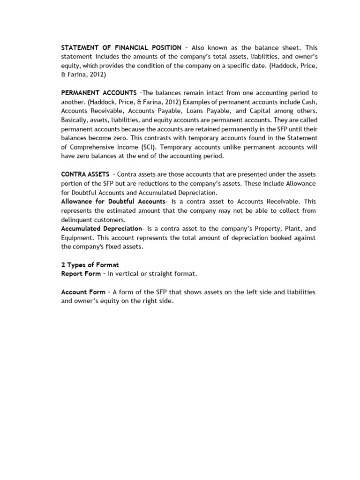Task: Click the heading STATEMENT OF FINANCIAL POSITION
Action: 121,48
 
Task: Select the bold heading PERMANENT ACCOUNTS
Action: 99,93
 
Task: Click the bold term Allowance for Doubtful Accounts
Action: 113,201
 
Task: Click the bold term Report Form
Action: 81,274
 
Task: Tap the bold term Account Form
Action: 83,292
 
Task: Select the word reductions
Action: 157,183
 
